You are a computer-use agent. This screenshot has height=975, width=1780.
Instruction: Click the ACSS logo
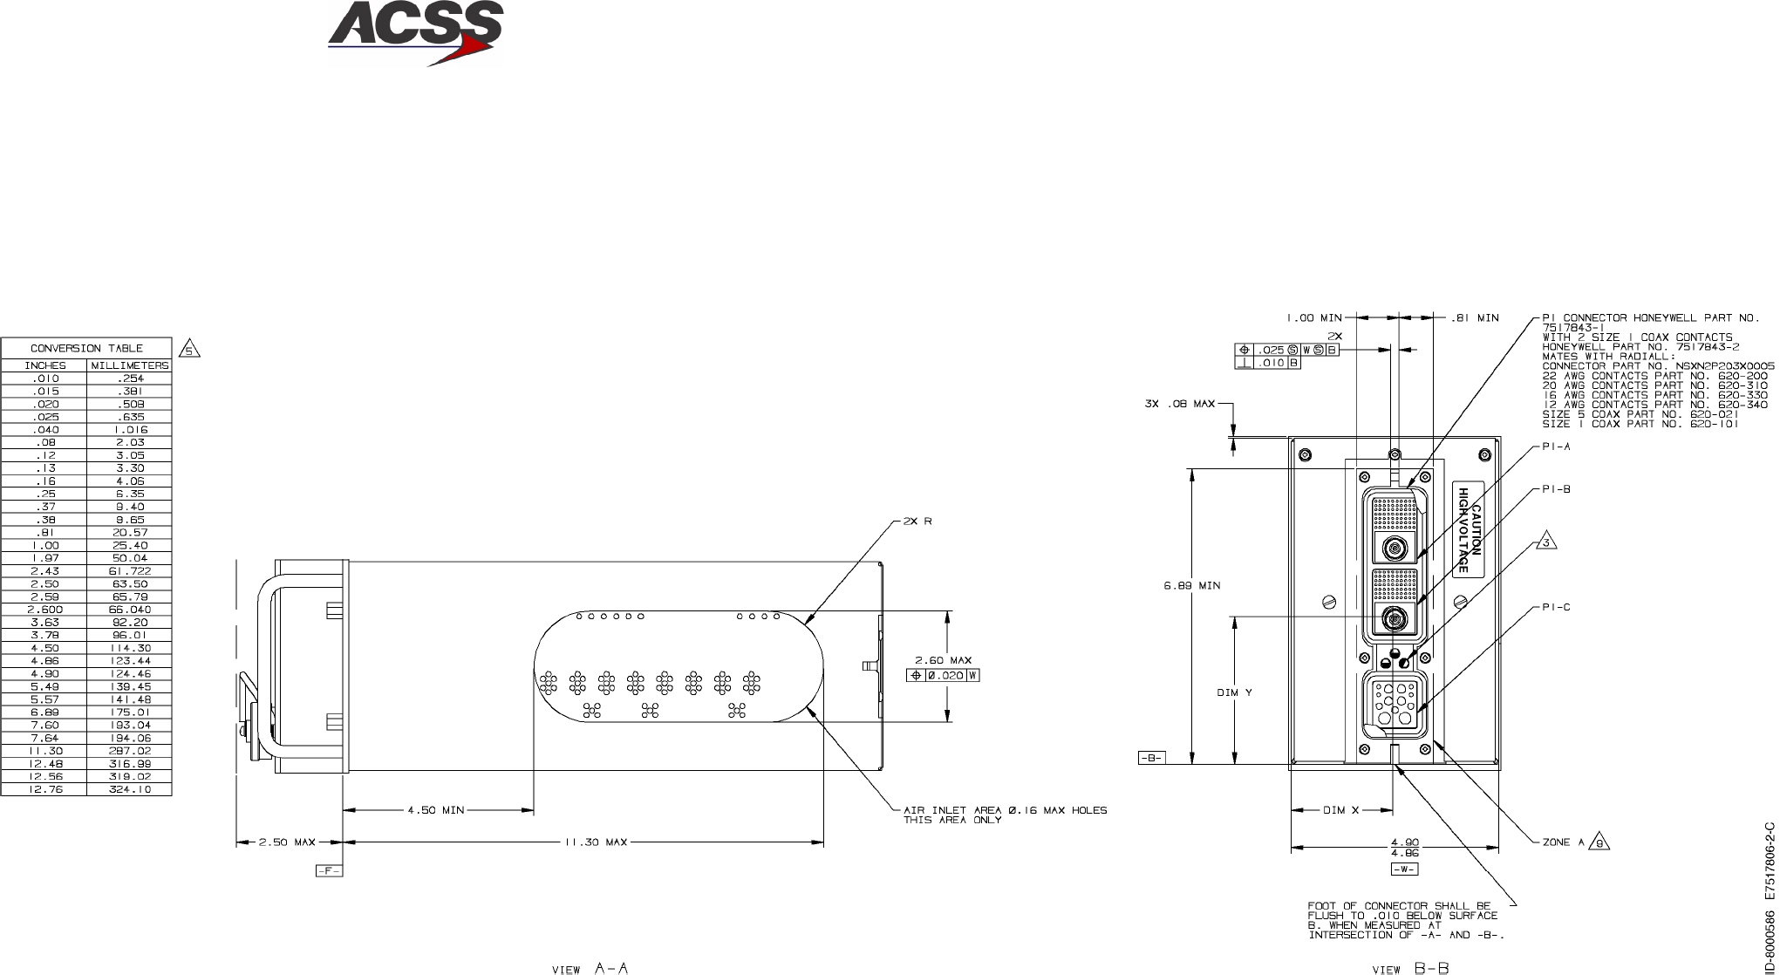click(415, 33)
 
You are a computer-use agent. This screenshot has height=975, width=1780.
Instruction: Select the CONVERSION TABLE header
click(86, 348)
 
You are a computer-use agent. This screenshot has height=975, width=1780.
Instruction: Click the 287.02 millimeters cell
click(130, 751)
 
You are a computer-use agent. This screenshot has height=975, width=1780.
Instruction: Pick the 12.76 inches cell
click(44, 789)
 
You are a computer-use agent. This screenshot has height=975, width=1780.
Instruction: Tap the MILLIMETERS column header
click(130, 365)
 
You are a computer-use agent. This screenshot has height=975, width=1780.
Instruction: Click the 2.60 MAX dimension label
click(943, 660)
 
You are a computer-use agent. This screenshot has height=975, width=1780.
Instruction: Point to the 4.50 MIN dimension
click(436, 810)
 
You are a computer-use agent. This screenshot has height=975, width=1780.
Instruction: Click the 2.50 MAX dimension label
click(287, 842)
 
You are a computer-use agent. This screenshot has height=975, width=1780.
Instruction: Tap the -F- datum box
click(329, 870)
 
